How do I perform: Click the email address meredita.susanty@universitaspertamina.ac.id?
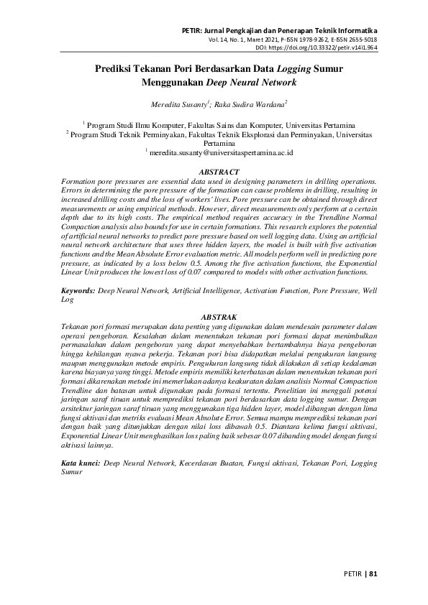[221, 152]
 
